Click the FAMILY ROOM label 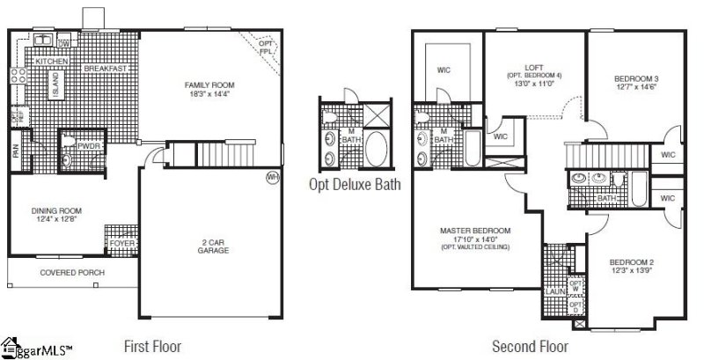[207, 84]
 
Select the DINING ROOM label [55, 211]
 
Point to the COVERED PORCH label [72, 273]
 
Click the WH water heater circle [272, 177]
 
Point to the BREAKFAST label [105, 68]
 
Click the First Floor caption [154, 346]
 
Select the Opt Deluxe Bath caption [356, 184]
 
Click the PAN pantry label [15, 152]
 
